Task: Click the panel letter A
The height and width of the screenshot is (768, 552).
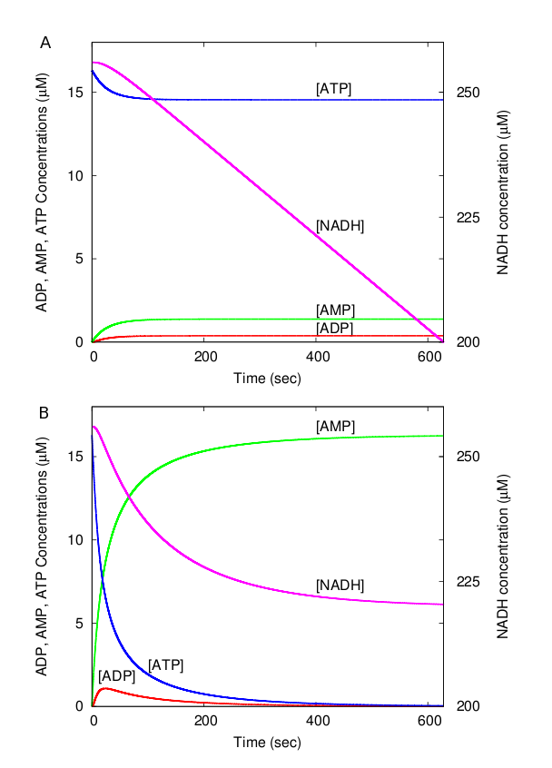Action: [44, 43]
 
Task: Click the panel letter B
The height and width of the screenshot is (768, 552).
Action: [44, 411]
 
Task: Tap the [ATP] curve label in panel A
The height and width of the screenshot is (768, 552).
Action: [334, 88]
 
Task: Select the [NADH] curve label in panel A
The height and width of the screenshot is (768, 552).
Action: [340, 225]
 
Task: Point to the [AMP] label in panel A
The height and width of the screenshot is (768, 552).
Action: [334, 310]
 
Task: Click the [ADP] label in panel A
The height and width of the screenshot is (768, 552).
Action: [334, 327]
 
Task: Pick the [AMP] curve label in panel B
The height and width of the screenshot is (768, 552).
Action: [334, 426]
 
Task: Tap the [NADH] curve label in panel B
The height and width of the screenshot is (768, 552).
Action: [340, 586]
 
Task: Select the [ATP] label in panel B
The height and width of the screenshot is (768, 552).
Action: [165, 665]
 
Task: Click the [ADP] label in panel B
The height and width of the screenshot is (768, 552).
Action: [117, 675]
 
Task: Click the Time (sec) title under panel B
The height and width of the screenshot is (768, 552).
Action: [268, 741]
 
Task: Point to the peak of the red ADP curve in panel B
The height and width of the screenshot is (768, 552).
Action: [106, 688]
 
